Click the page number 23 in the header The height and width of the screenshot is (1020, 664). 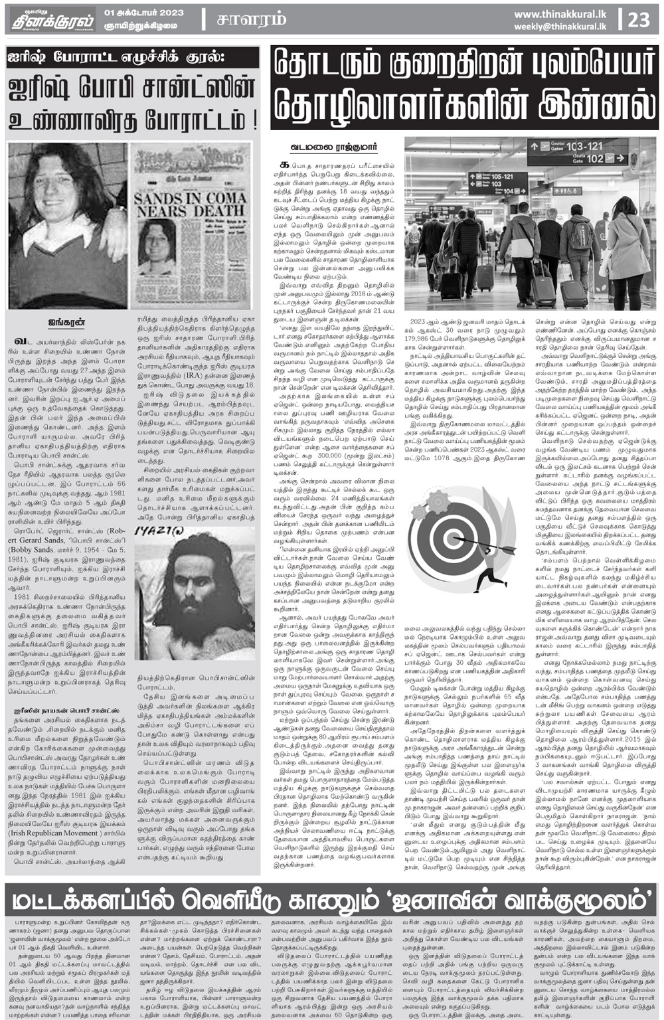(x=639, y=19)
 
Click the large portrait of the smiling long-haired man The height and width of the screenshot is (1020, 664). (x=66, y=226)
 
